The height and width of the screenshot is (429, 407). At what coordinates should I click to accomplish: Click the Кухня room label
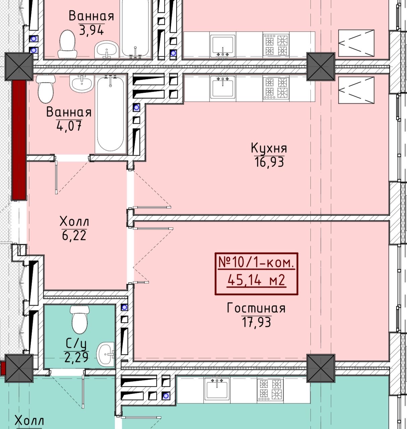coord(269,148)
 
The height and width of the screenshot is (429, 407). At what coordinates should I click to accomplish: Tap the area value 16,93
coord(269,162)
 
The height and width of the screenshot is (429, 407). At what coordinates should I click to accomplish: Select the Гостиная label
coord(256,308)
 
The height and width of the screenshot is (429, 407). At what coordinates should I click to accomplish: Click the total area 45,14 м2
coord(256,280)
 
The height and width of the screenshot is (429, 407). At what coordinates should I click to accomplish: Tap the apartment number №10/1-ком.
coord(256,263)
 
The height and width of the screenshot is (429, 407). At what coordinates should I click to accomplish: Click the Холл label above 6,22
coord(74,222)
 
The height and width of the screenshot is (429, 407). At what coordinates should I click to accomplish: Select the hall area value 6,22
coord(74,236)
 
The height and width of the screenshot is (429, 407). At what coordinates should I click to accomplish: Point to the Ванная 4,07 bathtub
coord(111,114)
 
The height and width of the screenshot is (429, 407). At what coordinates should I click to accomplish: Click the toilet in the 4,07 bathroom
coord(45,88)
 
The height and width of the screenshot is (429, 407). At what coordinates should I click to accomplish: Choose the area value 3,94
coord(91,30)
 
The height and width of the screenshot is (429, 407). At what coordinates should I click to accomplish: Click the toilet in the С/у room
coord(80,319)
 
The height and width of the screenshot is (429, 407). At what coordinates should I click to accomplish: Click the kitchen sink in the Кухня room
coord(223,88)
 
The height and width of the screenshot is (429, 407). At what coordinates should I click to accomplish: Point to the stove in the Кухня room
coord(276,88)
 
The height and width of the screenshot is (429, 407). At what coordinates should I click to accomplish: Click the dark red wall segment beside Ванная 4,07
coord(19,140)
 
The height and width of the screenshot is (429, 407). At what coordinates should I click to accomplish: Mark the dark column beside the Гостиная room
coord(321,368)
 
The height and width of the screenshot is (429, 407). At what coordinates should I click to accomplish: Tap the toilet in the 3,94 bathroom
coord(67,44)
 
